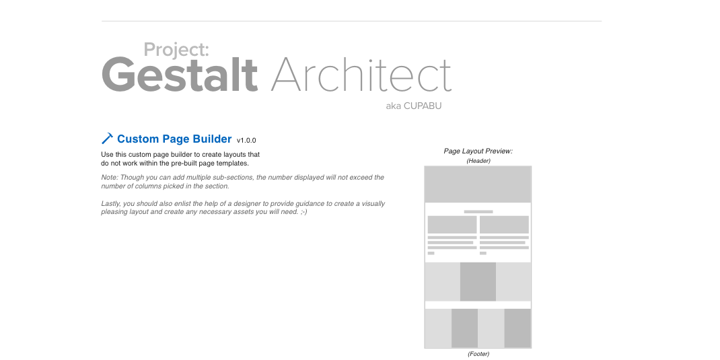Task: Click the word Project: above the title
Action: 176,50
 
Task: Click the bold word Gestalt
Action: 180,74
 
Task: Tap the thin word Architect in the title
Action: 361,74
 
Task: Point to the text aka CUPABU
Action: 414,106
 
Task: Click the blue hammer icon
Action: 107,138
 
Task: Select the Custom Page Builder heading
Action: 174,139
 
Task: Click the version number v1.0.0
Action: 246,141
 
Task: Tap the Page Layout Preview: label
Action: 478,151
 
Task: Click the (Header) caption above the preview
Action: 478,161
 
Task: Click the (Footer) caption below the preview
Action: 478,354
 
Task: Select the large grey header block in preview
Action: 478,184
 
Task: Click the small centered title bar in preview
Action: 478,212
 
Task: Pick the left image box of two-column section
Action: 452,225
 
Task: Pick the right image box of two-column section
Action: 504,225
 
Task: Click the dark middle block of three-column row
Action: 478,281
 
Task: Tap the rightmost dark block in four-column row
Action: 517,328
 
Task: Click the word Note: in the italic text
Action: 110,177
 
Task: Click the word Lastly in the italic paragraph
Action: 111,203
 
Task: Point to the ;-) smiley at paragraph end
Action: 303,212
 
